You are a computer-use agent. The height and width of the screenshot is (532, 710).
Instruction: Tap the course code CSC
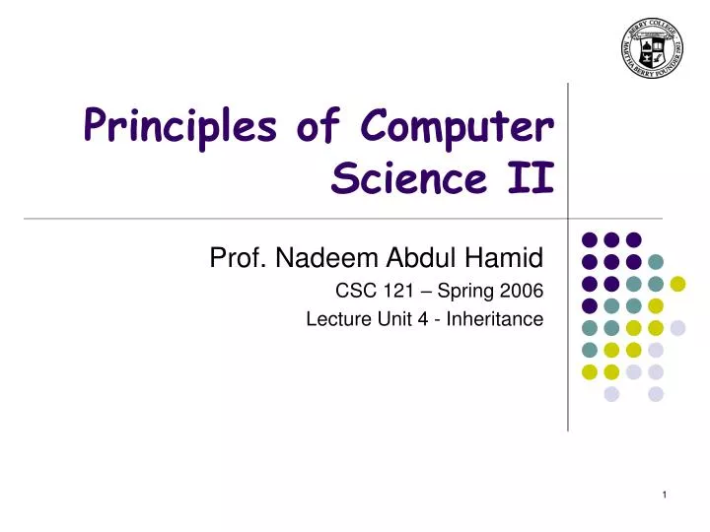tap(354, 291)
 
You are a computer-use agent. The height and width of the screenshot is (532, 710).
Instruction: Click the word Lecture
tap(337, 318)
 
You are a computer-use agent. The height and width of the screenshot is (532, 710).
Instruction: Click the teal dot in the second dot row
tap(656, 262)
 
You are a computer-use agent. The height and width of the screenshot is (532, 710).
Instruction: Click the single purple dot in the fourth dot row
tap(590, 305)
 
